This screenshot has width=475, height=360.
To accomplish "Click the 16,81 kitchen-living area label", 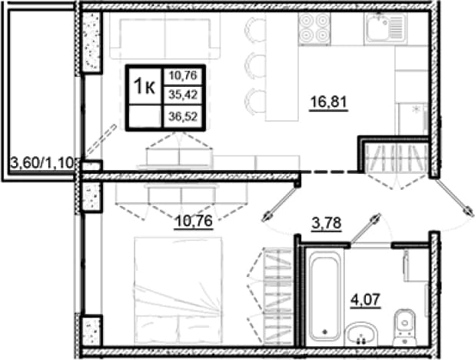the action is pyautogui.click(x=328, y=102).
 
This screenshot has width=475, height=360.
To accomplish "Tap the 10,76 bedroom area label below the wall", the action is pyautogui.click(x=194, y=221).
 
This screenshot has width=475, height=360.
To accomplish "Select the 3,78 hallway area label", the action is pyautogui.click(x=327, y=224).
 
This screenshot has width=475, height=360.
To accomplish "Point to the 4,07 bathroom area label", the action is pyautogui.click(x=365, y=300).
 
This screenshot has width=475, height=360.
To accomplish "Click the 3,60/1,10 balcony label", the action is pyautogui.click(x=42, y=164).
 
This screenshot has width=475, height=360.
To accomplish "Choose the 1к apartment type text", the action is pyautogui.click(x=144, y=86).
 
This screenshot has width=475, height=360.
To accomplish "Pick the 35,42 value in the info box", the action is pyautogui.click(x=183, y=95).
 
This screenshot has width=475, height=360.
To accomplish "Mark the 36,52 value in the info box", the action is pyautogui.click(x=183, y=116).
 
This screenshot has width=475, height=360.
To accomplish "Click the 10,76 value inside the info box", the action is pyautogui.click(x=183, y=75).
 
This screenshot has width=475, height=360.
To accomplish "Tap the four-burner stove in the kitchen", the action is pyautogui.click(x=314, y=28).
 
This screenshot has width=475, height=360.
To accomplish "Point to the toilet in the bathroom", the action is pyautogui.click(x=405, y=328).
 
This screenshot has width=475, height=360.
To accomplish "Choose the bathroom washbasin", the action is pyautogui.click(x=361, y=334).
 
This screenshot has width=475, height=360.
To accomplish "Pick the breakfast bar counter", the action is pyautogui.click(x=282, y=67).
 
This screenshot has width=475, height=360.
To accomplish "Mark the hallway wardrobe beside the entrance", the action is pyautogui.click(x=396, y=157).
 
